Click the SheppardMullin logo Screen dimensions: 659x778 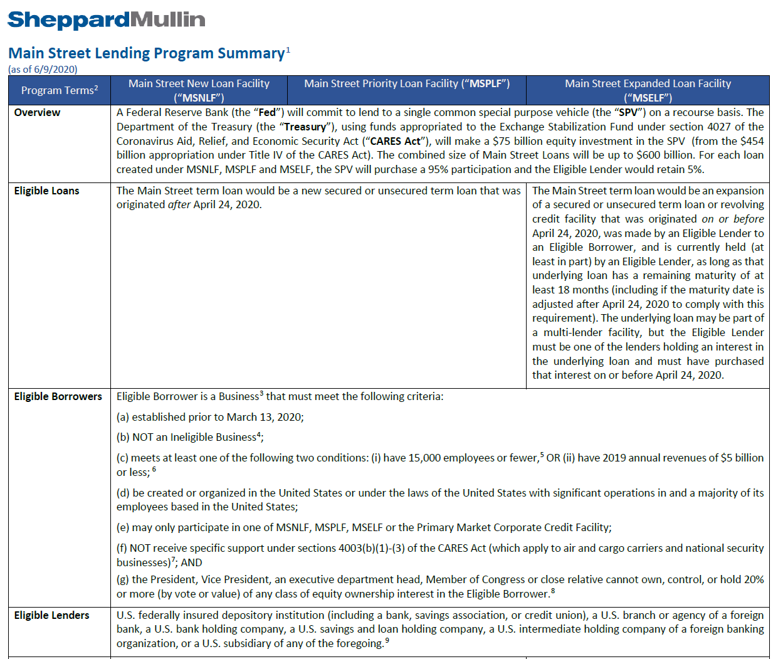pyautogui.click(x=106, y=20)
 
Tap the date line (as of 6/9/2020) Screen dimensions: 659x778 pyautogui.click(x=43, y=70)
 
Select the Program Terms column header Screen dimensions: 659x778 pyautogui.click(x=59, y=90)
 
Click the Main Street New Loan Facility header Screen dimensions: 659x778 pyautogui.click(x=199, y=90)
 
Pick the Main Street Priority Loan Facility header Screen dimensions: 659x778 pyautogui.click(x=406, y=84)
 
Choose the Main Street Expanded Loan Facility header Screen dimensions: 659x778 pyautogui.click(x=648, y=90)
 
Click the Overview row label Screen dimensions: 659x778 pyautogui.click(x=37, y=113)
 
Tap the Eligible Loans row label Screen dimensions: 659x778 pyautogui.click(x=46, y=191)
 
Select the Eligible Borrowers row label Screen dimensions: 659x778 pyautogui.click(x=58, y=397)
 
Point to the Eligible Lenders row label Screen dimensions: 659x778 pyautogui.click(x=51, y=616)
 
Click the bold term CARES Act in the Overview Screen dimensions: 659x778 pyautogui.click(x=395, y=141)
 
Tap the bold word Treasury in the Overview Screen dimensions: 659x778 pyautogui.click(x=305, y=127)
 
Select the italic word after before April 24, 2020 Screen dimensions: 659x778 pyautogui.click(x=179, y=205)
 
